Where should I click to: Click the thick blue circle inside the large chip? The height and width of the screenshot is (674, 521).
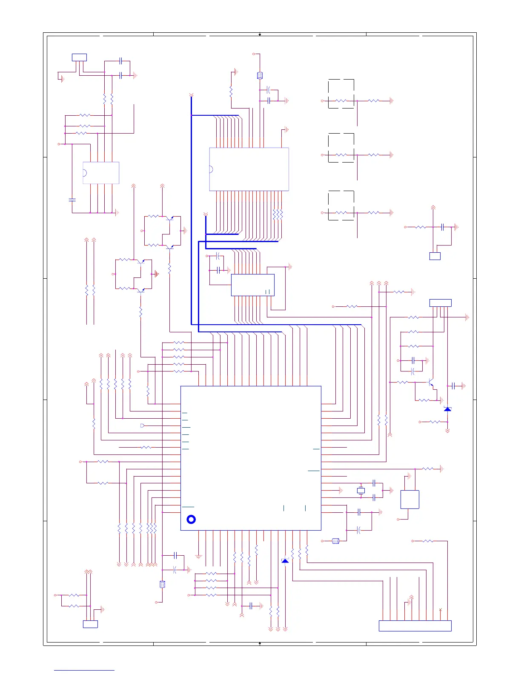191,519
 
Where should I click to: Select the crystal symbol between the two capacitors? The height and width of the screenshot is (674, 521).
361,491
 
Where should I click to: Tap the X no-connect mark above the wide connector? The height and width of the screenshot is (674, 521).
440,610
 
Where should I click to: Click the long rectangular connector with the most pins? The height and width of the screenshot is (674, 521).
415,625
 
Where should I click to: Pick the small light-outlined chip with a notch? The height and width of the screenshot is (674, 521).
101,173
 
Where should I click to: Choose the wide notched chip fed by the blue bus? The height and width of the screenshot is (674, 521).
249,169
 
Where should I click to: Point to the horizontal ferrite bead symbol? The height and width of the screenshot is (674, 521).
335,541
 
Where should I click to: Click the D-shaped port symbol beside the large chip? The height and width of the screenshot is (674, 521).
142,426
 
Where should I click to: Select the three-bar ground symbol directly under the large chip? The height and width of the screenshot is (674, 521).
198,556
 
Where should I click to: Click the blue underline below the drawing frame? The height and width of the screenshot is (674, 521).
84,671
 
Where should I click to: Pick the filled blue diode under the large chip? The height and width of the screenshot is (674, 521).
285,561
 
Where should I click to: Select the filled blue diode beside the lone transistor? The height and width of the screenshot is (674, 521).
447,409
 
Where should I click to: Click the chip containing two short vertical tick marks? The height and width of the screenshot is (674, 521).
252,285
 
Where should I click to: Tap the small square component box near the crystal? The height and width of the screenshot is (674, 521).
409,499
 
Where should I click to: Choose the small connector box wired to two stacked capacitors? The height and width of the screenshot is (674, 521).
79,57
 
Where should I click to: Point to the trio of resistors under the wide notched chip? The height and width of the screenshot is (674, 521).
278,214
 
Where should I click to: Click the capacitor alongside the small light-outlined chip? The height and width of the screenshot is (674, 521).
72,199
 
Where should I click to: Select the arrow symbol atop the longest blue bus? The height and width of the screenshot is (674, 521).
191,95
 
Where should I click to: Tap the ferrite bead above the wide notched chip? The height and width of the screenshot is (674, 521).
260,76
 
